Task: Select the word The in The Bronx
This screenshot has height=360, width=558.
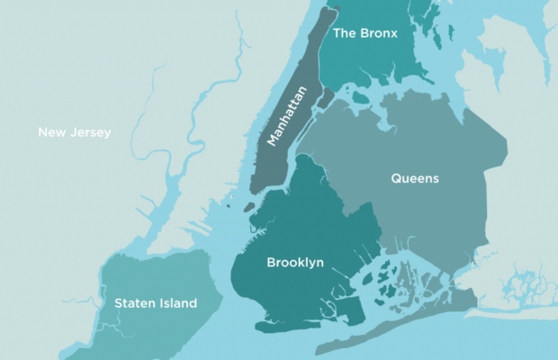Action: point(345,33)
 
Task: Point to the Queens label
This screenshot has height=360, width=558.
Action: point(415,178)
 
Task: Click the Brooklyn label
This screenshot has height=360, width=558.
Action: point(295,263)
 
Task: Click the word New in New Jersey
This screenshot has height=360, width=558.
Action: point(51,133)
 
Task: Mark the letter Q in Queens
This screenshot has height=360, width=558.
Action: point(396,178)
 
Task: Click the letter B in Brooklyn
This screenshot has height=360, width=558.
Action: point(271,263)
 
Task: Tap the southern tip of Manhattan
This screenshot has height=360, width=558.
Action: point(255,189)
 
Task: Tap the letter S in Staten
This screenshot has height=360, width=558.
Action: point(119,303)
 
